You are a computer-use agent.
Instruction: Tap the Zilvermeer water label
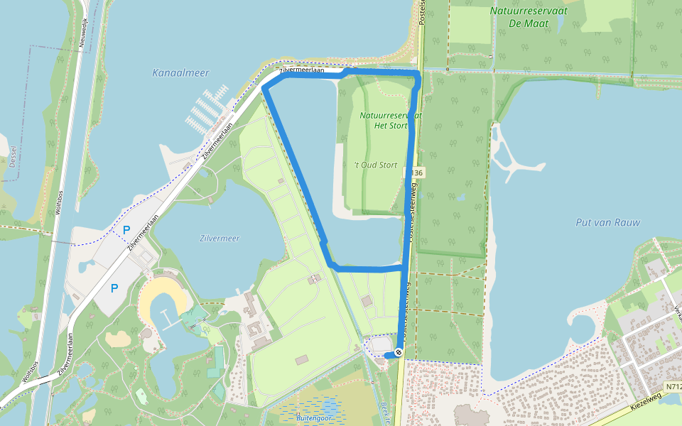[x=220, y=239]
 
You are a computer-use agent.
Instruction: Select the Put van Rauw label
[x=607, y=222]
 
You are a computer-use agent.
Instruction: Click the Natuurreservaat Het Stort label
[x=390, y=120]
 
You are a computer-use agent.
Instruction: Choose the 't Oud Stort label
[x=376, y=165]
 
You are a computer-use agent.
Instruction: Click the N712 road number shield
[x=673, y=387]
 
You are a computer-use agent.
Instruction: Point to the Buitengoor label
[x=315, y=418]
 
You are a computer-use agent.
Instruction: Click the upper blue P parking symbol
[x=126, y=230]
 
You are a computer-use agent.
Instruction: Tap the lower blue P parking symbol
[x=114, y=288]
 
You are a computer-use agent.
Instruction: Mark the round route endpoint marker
[x=399, y=352]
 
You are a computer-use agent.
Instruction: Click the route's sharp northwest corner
[x=264, y=87]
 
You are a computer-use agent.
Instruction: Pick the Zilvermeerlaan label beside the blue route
[x=301, y=70]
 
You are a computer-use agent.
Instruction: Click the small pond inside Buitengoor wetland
[x=328, y=408]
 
